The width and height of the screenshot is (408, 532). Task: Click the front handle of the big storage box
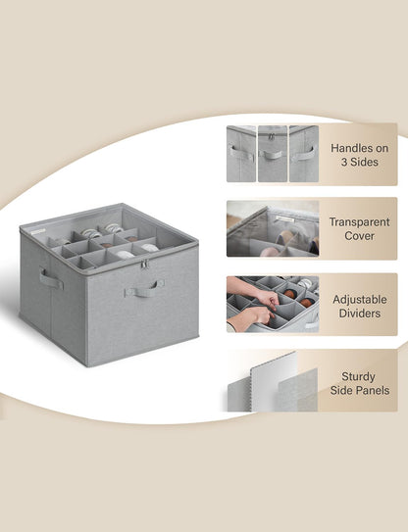(144, 290)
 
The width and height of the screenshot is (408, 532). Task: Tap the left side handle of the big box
(51, 279)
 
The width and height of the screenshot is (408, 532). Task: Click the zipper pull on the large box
(145, 265)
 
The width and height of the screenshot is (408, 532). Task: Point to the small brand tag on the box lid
(37, 232)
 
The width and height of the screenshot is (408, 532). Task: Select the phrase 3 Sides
(359, 162)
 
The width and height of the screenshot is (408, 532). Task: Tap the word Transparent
(359, 221)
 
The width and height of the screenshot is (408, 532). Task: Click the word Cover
(359, 236)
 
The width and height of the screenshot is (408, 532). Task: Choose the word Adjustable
(360, 300)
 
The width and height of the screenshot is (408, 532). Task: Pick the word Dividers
(359, 314)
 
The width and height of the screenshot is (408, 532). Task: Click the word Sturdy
(358, 376)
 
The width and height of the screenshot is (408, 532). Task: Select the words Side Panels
(360, 390)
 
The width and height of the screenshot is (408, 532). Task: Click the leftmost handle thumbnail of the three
(241, 154)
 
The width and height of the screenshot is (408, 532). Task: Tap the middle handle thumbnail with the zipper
(272, 154)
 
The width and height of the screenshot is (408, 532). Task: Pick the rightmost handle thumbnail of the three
(304, 154)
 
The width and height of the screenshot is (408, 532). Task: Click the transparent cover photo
(273, 228)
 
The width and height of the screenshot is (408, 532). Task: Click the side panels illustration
(273, 382)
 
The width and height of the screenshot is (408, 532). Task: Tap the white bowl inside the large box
(124, 255)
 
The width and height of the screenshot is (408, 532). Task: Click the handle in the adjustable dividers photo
(313, 324)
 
